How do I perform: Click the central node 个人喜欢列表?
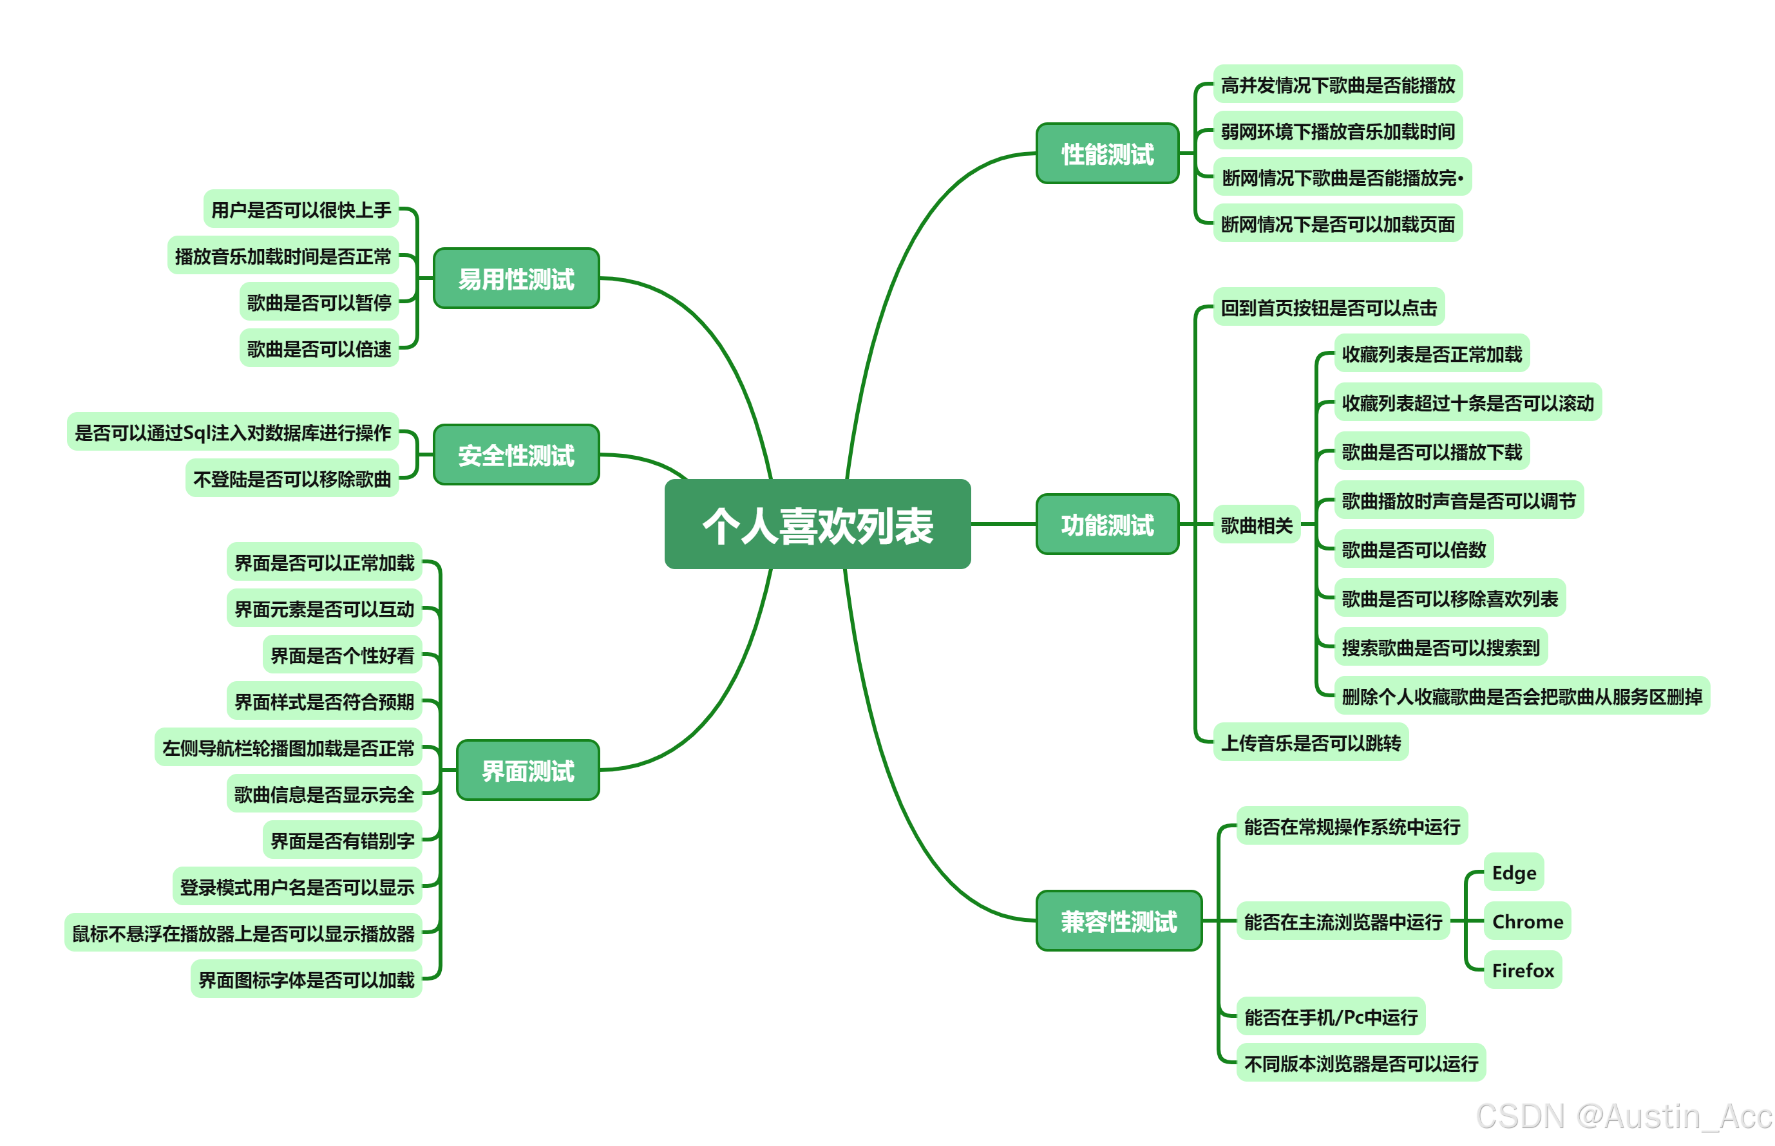click(817, 525)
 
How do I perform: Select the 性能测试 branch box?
click(1106, 154)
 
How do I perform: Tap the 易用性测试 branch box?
click(516, 279)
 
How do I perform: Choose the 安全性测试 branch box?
click(516, 455)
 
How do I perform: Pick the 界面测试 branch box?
click(527, 770)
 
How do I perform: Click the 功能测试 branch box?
click(1106, 525)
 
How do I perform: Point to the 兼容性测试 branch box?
click(1118, 921)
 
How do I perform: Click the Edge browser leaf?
click(1513, 872)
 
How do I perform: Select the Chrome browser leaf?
click(1526, 921)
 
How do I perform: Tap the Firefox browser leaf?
click(1522, 970)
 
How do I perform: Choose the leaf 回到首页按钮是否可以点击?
click(1328, 307)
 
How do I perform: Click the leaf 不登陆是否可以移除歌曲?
click(292, 478)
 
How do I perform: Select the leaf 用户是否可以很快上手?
click(301, 210)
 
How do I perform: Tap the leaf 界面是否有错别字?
click(343, 840)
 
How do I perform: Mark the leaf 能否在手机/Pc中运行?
click(1330, 1017)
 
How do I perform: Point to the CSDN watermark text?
click(1622, 1116)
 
